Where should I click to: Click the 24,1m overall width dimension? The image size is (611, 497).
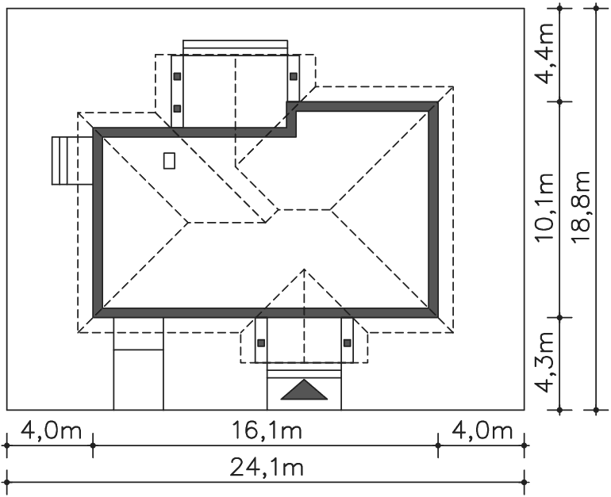(267, 467)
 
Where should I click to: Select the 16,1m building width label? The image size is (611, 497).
(267, 430)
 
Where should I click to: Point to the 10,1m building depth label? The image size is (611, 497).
(544, 207)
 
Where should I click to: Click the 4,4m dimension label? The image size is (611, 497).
(544, 53)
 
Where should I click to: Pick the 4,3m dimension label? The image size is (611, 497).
(544, 362)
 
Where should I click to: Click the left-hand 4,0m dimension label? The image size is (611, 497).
(51, 430)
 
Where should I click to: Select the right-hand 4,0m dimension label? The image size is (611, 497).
(482, 430)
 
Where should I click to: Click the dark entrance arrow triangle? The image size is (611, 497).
(304, 390)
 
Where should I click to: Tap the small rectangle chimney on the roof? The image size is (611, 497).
(169, 161)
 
